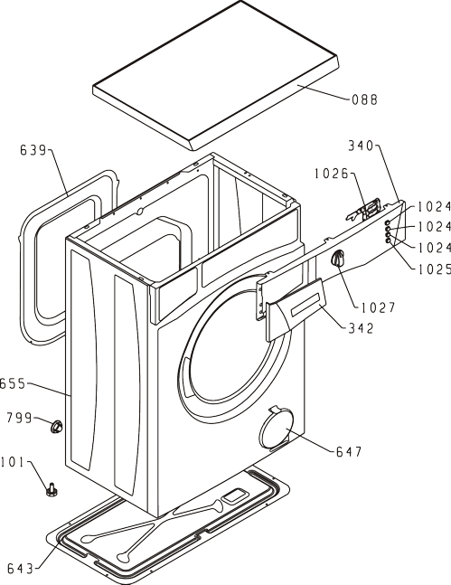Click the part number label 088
pos(364,99)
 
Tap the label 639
pos(33,150)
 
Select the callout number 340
pos(361,146)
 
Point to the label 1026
pos(332,174)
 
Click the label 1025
pos(434,269)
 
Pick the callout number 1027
pos(378,307)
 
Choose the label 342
pos(361,328)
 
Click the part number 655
pos(13,383)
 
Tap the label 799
pos(19,418)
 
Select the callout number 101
pos(12,462)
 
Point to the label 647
pos(349,452)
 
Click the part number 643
pos(20,568)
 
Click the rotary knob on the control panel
pos(337,259)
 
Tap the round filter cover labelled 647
pos(276,429)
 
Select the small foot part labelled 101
pos(52,489)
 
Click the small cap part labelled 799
pos(57,426)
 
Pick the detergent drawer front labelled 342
pos(296,309)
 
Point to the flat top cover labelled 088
pos(216,75)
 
